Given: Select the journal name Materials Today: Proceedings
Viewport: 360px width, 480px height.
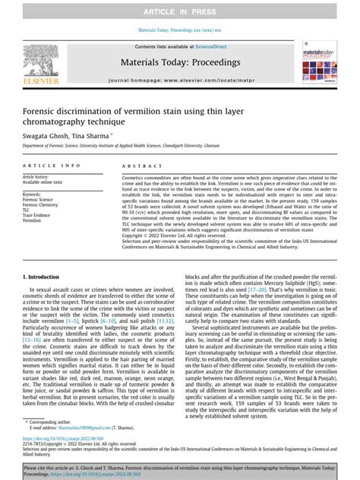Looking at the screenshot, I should tap(179, 61).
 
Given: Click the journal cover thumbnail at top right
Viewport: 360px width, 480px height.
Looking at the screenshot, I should tap(319, 62).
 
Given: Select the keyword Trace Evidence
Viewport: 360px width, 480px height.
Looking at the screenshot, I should tap(40, 216).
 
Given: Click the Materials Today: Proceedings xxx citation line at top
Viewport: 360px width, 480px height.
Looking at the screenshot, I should tap(180, 30).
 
